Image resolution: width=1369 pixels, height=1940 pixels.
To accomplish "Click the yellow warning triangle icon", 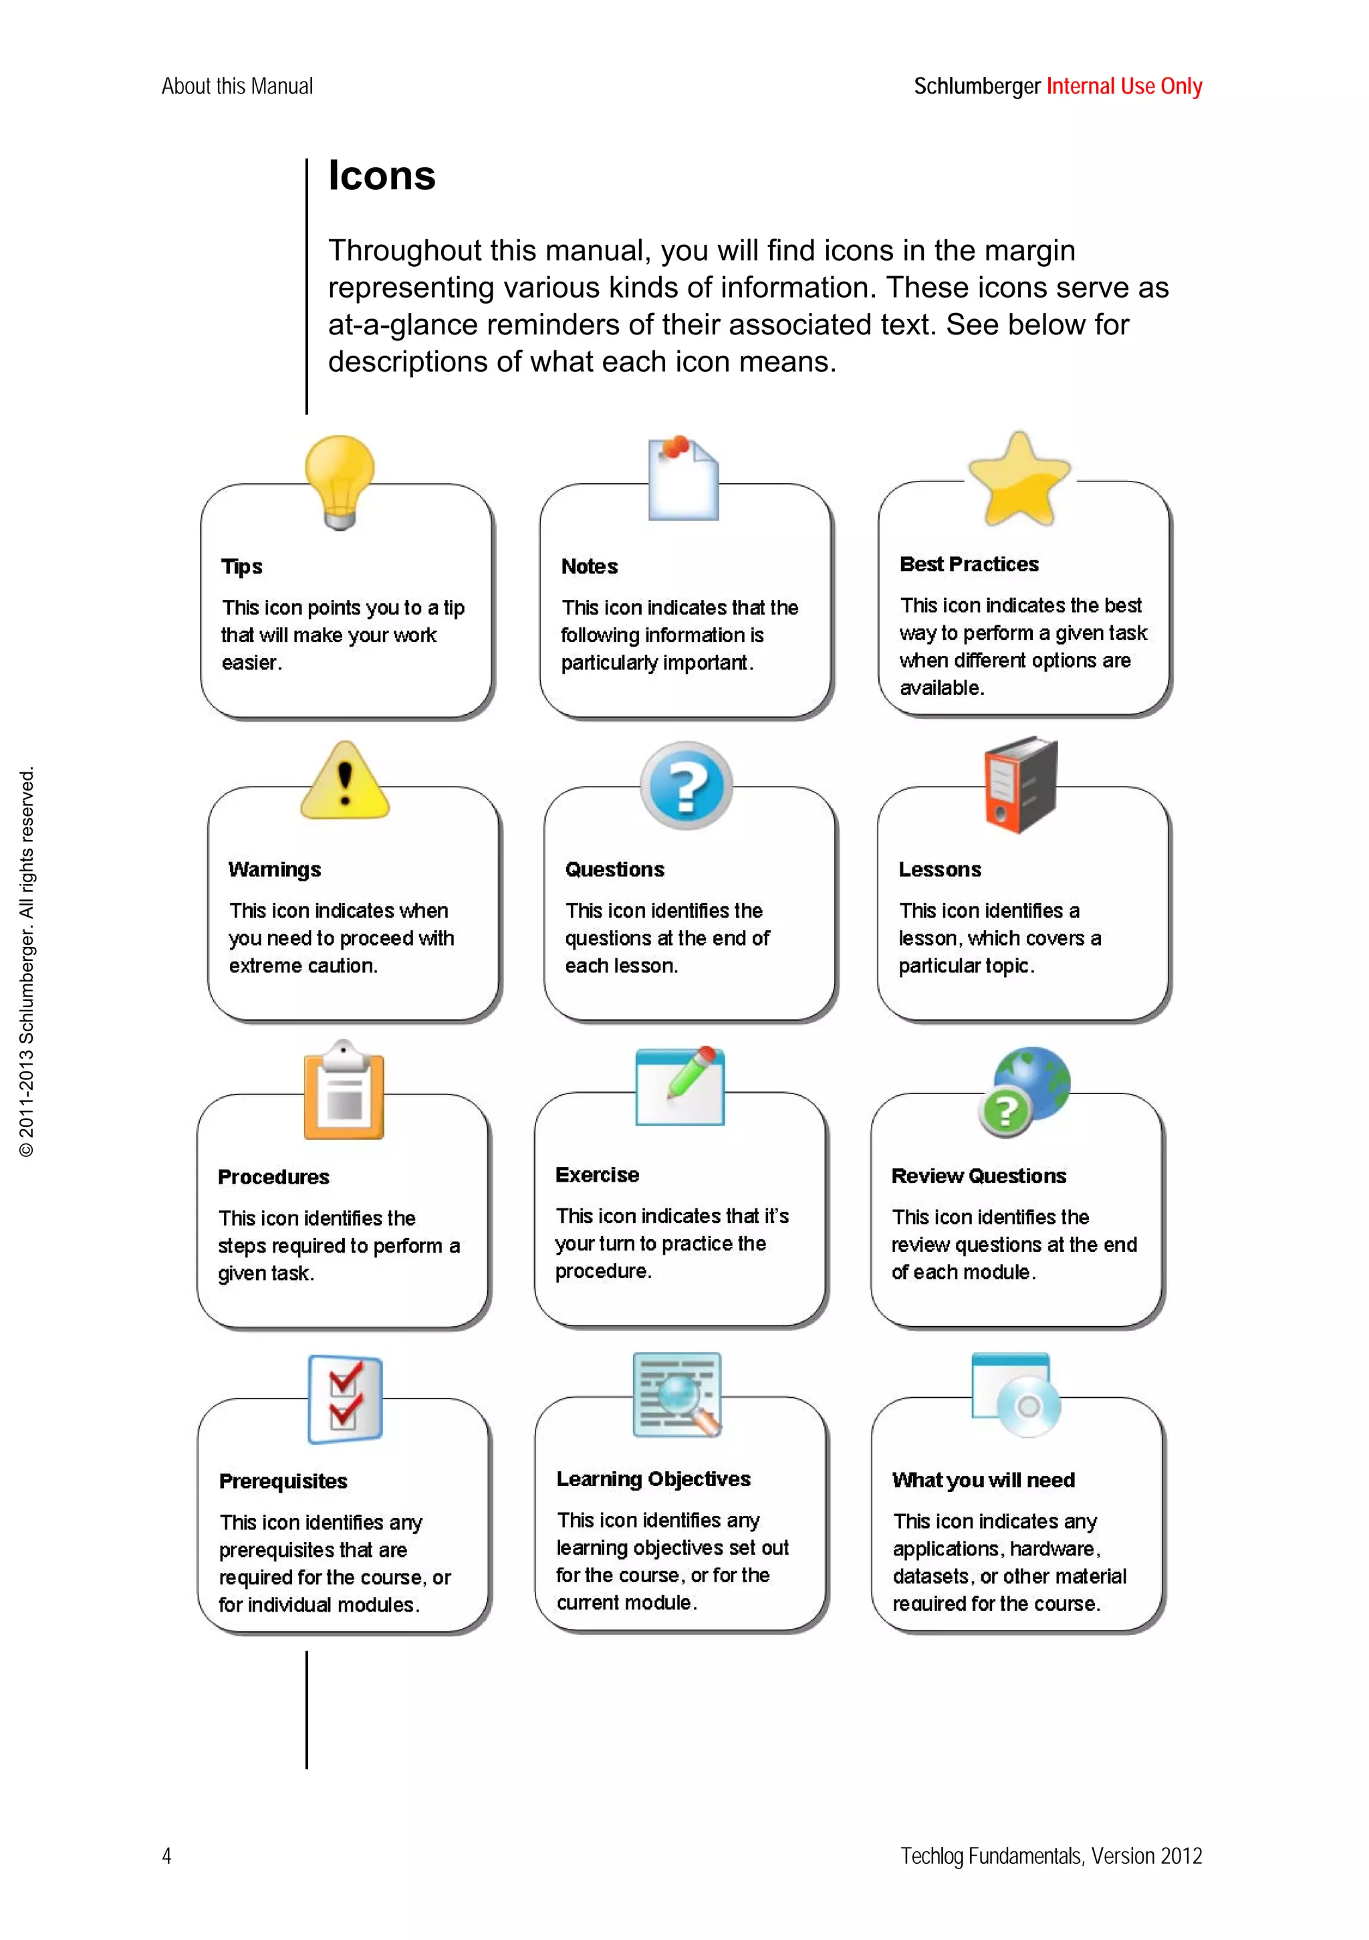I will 344,782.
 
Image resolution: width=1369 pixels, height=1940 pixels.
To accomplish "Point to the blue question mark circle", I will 686,786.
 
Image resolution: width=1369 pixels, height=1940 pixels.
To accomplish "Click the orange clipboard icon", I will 344,1091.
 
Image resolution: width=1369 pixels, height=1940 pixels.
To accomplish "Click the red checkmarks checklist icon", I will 344,1398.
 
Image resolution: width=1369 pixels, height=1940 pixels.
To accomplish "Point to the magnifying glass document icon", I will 677,1394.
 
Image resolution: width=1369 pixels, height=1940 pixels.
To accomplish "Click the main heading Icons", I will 382,176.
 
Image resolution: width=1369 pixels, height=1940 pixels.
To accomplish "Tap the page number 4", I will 166,1856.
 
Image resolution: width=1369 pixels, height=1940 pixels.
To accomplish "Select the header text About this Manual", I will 237,86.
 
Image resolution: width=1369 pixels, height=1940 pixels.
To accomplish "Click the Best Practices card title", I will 969,564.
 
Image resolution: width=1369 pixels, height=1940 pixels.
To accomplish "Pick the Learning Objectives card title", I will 653,1479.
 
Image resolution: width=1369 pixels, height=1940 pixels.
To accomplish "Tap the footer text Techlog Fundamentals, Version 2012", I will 1051,1856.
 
